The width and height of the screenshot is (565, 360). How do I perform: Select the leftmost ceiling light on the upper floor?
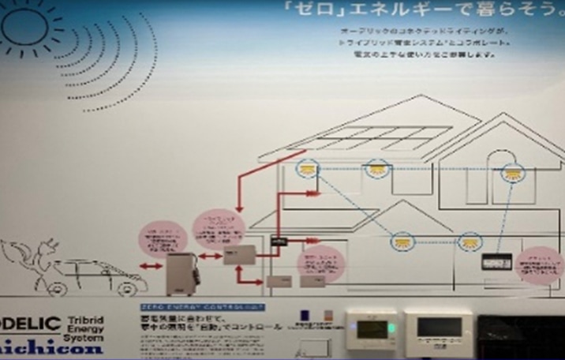coord(303,169)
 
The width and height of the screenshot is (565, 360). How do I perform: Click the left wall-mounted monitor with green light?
coord(371,328)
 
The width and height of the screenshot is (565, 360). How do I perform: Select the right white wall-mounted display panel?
coord(438,328)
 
